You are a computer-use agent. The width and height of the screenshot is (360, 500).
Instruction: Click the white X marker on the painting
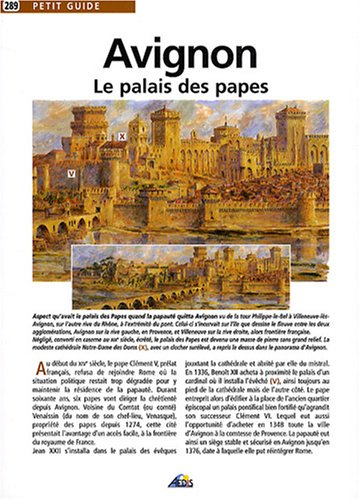pyautogui.click(x=121, y=133)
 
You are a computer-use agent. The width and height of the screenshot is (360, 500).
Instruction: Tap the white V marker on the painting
pyautogui.click(x=71, y=172)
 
